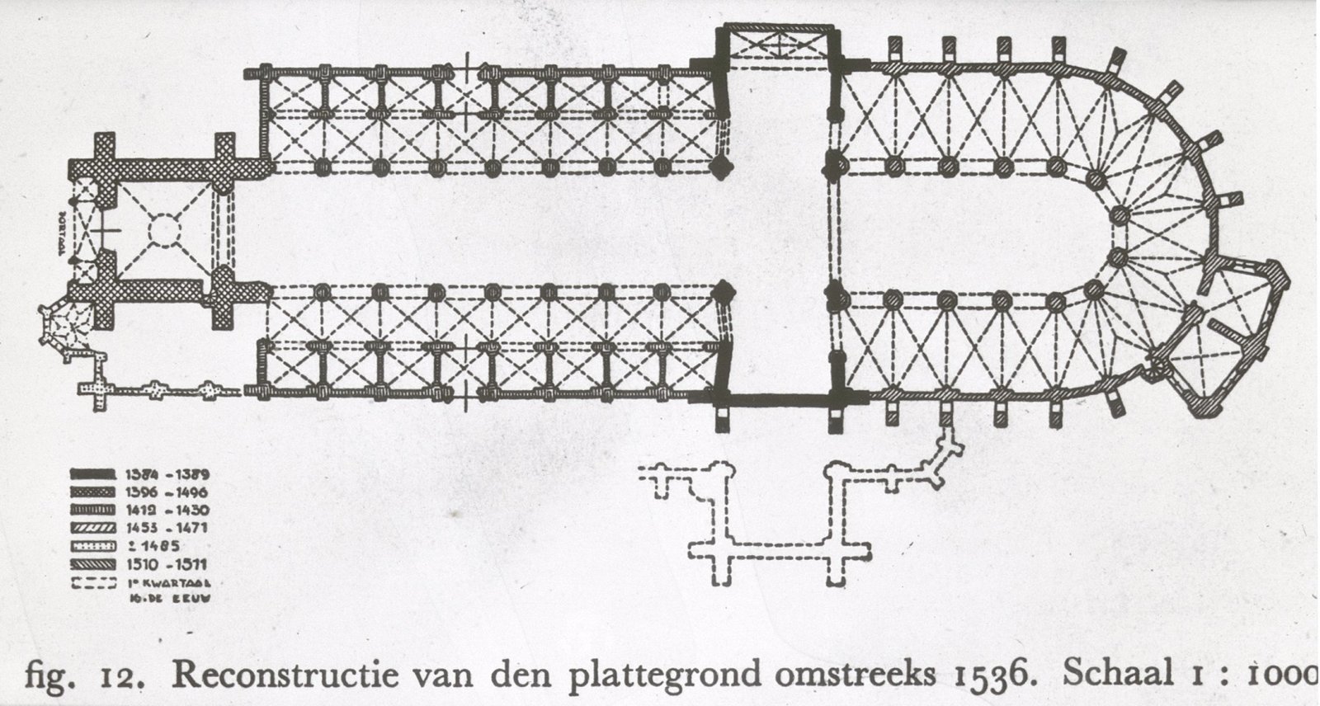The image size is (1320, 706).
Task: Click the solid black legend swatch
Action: coord(94,475)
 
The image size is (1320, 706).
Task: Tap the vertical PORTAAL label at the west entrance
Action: coord(62,233)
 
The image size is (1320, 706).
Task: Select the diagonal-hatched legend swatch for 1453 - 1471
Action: coord(94,529)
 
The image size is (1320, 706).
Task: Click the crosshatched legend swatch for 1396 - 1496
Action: coord(94,493)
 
